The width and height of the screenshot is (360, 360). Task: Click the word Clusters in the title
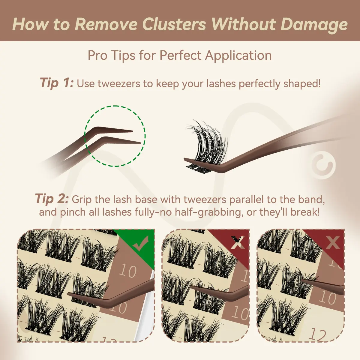click(175, 25)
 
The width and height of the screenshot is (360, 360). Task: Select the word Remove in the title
click(107, 25)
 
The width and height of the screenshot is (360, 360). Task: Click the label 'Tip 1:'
click(57, 83)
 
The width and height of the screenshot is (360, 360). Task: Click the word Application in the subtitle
click(238, 56)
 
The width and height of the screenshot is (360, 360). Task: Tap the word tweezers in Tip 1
click(118, 84)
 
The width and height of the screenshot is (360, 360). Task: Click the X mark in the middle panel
click(238, 243)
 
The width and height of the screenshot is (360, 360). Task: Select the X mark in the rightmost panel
click(333, 243)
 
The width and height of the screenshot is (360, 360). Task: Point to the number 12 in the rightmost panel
click(317, 335)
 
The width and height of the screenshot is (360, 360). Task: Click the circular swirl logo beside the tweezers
click(323, 165)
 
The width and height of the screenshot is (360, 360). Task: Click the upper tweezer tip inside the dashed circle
click(132, 131)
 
